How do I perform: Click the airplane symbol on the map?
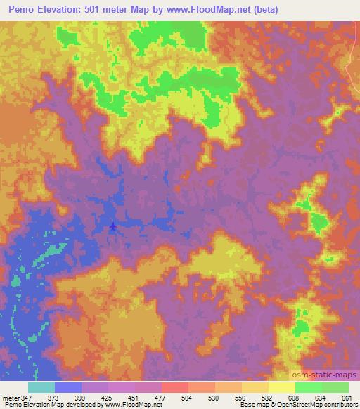click(x=113, y=226)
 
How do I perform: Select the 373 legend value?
click(x=53, y=398)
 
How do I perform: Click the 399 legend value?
click(x=80, y=398)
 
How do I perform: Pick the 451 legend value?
click(x=134, y=398)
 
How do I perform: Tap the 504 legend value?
click(x=186, y=398)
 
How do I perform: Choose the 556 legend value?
click(x=240, y=398)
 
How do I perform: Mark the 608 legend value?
click(x=293, y=398)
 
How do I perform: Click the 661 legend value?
click(x=346, y=398)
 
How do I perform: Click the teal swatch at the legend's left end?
click(x=41, y=387)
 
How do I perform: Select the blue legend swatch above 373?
click(x=68, y=387)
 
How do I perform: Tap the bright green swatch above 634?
click(x=308, y=387)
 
